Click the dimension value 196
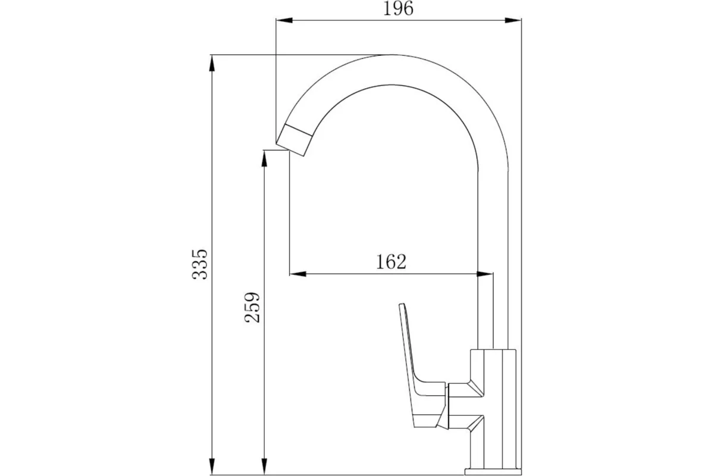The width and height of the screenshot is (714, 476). pos(398,8)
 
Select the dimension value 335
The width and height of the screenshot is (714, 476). pos(200,265)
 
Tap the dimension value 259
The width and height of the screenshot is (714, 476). pos(252,308)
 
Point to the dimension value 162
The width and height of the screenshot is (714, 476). pos(391,262)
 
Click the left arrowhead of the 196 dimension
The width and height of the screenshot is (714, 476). pos(284,20)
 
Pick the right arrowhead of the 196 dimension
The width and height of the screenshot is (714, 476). pos(513,20)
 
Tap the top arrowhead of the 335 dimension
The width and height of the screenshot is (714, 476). pos(212,63)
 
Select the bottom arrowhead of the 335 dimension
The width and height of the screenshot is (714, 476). pos(212,466)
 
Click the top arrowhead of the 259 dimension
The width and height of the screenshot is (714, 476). pos(264,158)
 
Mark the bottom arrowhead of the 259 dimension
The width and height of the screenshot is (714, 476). pos(264,466)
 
